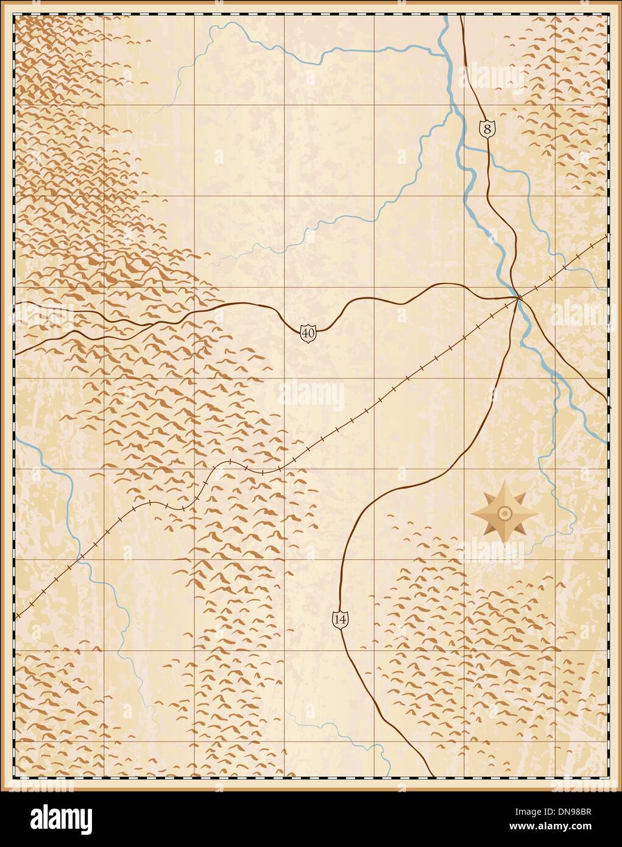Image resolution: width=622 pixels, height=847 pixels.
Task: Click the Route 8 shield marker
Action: [x=487, y=129]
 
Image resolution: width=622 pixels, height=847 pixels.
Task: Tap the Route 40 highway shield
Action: [x=308, y=333]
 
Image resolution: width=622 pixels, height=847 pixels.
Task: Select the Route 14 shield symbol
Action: [x=341, y=618]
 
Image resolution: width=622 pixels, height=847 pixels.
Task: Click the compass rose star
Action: [x=504, y=513]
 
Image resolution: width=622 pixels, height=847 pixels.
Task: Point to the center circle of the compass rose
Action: [x=504, y=513]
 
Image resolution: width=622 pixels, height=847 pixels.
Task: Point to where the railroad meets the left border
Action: [x=15, y=617]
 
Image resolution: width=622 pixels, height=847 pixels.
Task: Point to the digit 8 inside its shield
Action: [x=487, y=129]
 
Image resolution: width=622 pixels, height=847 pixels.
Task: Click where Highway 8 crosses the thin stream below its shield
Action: [x=488, y=159]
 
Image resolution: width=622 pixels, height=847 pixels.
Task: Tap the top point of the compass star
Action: [x=504, y=482]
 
